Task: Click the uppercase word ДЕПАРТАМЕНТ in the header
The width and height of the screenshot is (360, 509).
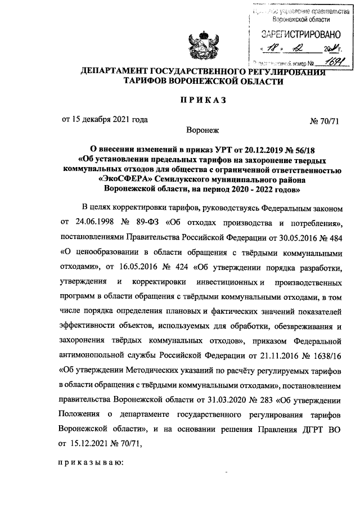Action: point(116,71)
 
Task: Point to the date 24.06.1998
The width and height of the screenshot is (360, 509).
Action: point(89,223)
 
